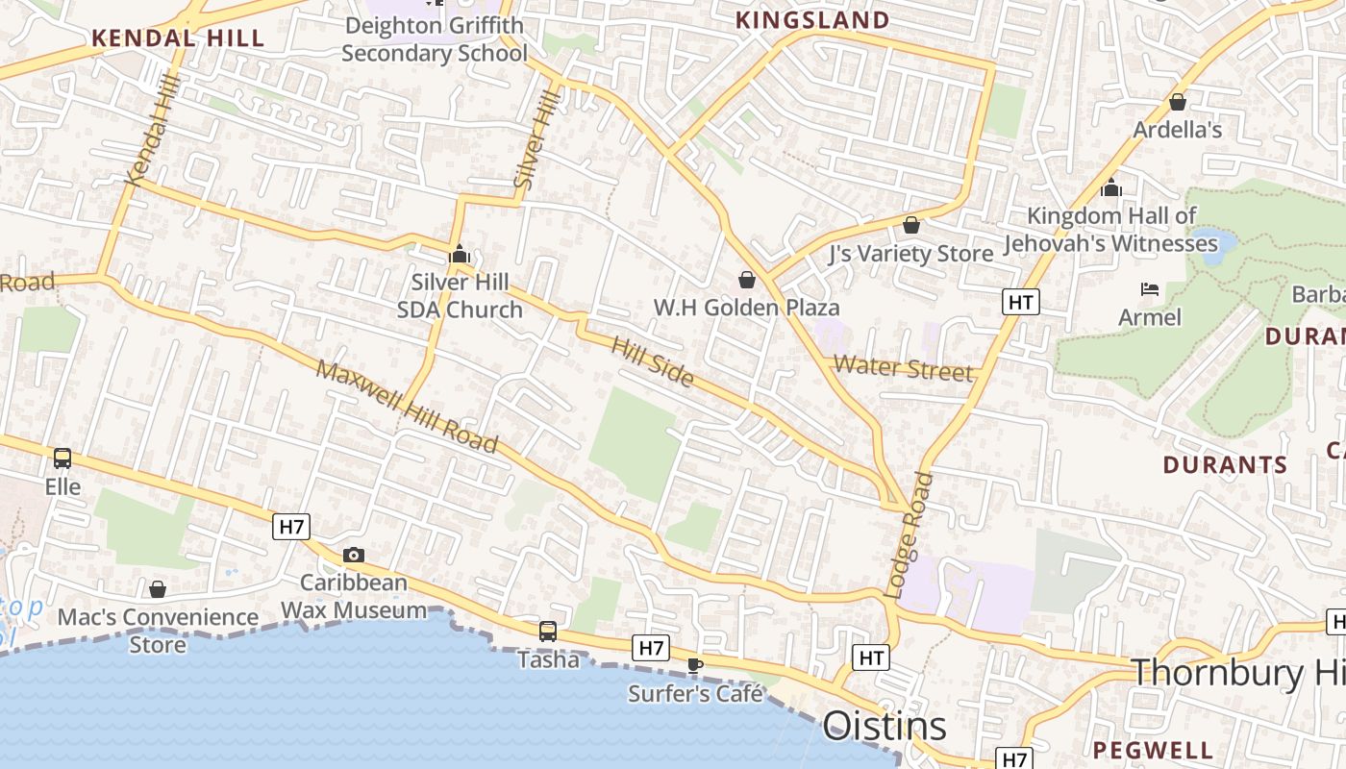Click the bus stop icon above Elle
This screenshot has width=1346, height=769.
click(62, 459)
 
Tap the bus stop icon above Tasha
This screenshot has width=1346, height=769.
click(547, 632)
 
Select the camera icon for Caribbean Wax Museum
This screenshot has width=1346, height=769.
click(354, 555)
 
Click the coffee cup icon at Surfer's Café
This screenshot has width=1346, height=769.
click(695, 664)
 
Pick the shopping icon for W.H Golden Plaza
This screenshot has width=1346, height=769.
click(746, 280)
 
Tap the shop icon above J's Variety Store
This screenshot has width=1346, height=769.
click(911, 225)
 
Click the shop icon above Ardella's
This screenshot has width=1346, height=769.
click(1178, 101)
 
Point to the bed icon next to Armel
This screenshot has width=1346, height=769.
click(1149, 288)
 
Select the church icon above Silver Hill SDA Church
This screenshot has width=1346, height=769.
click(460, 254)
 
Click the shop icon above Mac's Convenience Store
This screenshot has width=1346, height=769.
click(158, 588)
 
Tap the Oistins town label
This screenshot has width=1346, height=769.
click(885, 726)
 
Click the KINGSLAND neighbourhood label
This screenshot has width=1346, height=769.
click(812, 20)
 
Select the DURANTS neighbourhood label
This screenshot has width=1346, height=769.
click(1225, 465)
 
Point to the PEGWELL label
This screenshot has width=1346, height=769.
click(1153, 750)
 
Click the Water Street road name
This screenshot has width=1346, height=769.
click(903, 368)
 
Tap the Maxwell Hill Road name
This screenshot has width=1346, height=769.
click(408, 406)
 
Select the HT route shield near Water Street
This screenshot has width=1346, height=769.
click(1021, 303)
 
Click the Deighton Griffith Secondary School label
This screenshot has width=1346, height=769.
click(435, 39)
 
